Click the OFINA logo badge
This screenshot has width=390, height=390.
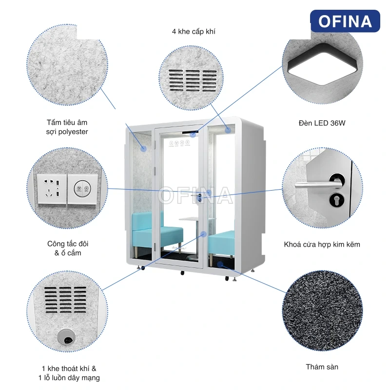point(345,21)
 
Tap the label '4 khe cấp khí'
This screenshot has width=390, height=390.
point(194,32)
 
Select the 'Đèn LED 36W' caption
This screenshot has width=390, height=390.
point(322,123)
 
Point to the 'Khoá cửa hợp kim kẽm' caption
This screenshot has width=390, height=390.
point(322,244)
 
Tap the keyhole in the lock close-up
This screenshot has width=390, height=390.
point(336,200)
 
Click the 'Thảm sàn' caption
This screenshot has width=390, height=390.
point(322,367)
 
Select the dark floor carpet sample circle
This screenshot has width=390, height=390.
point(323,311)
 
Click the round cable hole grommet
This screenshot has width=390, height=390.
point(66,337)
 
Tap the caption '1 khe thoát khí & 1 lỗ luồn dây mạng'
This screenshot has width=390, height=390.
point(69,373)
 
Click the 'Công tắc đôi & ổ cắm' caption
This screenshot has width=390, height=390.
point(68,248)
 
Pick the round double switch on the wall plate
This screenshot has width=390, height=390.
point(82,189)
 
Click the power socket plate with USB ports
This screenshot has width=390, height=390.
point(52,189)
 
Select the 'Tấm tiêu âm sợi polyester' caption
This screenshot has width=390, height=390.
point(67,127)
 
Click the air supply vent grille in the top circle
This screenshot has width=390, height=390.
point(193,80)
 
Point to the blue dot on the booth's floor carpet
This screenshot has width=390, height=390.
point(220,264)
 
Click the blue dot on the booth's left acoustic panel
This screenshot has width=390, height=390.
point(143,149)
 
